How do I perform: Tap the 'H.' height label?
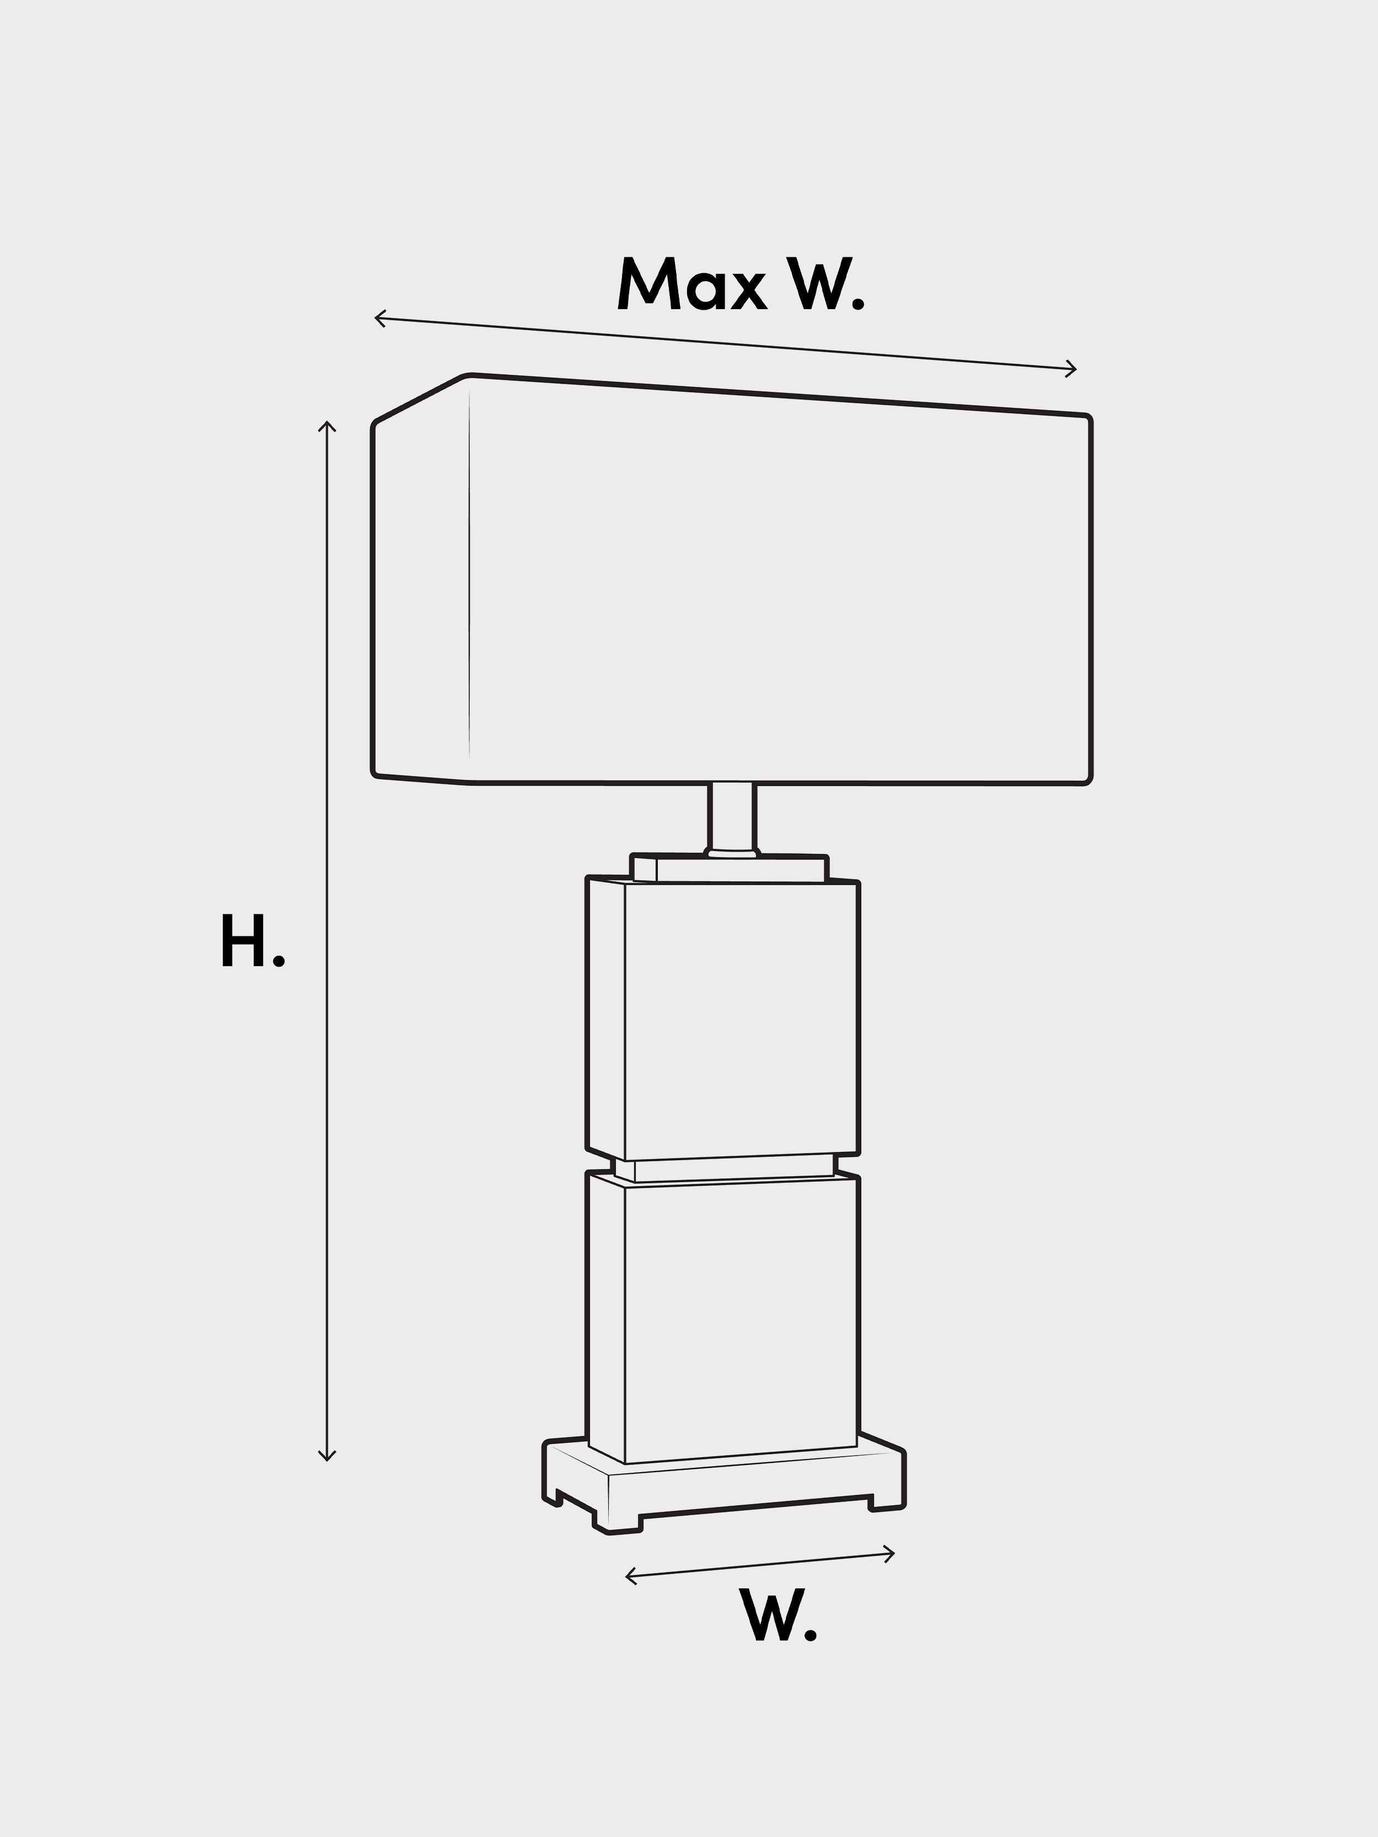click(x=253, y=940)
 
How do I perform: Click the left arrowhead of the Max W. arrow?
click(x=379, y=318)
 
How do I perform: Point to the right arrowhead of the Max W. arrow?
click(x=1071, y=369)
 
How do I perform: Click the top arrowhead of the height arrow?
click(x=327, y=427)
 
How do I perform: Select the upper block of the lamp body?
click(x=723, y=1018)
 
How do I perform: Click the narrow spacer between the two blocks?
click(x=723, y=1167)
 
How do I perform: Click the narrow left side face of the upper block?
click(x=605, y=1017)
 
